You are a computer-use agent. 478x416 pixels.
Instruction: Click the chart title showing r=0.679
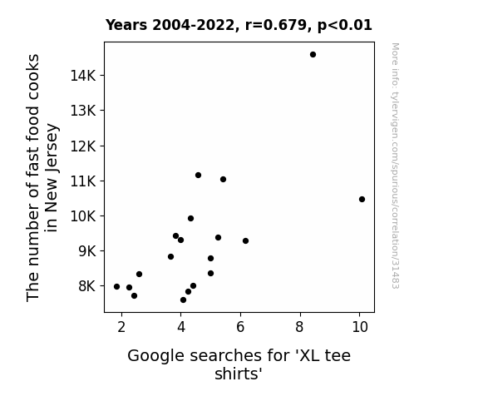239,25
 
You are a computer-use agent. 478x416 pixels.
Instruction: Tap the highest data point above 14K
313,55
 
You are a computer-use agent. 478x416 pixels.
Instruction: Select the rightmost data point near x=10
362,200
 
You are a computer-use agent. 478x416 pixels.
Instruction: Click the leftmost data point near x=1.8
116,286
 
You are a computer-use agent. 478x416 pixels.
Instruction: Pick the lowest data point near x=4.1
183,300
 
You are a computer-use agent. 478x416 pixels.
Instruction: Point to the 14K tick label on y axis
83,76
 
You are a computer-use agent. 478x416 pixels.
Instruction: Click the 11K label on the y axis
83,181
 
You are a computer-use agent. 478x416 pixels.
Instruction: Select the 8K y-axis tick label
87,286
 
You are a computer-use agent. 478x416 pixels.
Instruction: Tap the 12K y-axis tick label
83,146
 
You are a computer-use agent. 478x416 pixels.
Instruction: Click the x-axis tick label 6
240,327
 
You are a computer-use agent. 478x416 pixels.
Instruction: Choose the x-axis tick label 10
360,327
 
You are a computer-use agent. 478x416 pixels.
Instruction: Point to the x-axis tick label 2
121,327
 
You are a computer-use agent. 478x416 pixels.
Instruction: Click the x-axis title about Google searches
239,364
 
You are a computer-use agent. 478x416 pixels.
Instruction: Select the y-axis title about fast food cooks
42,178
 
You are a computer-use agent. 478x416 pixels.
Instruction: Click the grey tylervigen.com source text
395,166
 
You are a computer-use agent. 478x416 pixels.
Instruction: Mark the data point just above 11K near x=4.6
198,176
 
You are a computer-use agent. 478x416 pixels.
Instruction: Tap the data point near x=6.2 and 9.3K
246,240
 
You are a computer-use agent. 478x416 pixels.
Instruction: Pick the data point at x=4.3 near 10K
191,219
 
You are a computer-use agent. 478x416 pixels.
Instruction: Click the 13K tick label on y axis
83,111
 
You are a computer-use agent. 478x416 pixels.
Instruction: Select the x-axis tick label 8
299,327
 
